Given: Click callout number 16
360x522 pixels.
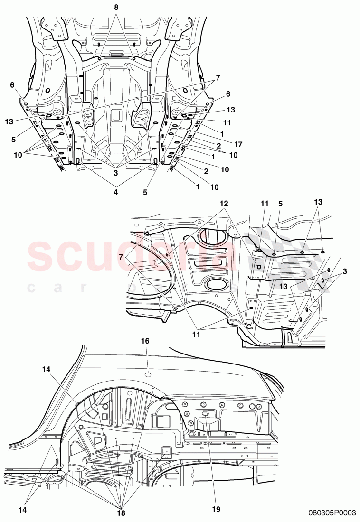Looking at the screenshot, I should pos(145,341).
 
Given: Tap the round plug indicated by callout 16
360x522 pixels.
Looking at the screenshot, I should pos(148,375).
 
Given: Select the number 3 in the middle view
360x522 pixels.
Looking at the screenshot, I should pos(344,271).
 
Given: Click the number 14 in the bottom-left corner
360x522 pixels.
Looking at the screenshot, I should pos(22,509).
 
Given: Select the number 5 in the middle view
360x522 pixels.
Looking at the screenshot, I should pos(281,204).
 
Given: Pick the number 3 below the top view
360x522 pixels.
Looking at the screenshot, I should pos(115,173).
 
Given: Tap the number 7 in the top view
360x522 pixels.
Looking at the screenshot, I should pos(218,77).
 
